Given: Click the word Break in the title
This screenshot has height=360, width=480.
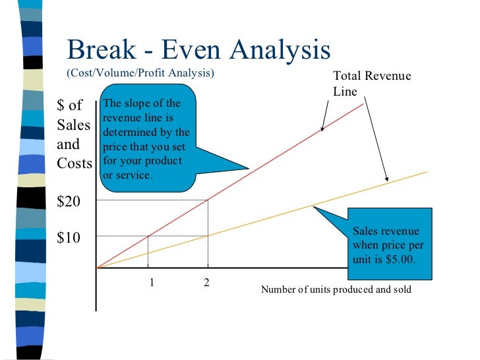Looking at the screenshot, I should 99,50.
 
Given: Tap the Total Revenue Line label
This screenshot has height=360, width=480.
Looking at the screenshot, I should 371,84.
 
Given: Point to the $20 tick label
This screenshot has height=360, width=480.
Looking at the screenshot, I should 69,202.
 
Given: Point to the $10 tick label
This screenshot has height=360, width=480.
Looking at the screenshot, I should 69,237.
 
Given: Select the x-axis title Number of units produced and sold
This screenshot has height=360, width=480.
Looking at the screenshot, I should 336,289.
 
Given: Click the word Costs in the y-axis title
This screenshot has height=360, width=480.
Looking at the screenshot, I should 75,163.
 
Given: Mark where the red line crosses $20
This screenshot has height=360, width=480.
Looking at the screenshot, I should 208,200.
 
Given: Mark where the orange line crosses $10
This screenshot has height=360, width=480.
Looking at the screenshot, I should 208,235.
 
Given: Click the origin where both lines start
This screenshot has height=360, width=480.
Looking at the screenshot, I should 97,268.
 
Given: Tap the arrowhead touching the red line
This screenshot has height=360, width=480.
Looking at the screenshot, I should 322,130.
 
